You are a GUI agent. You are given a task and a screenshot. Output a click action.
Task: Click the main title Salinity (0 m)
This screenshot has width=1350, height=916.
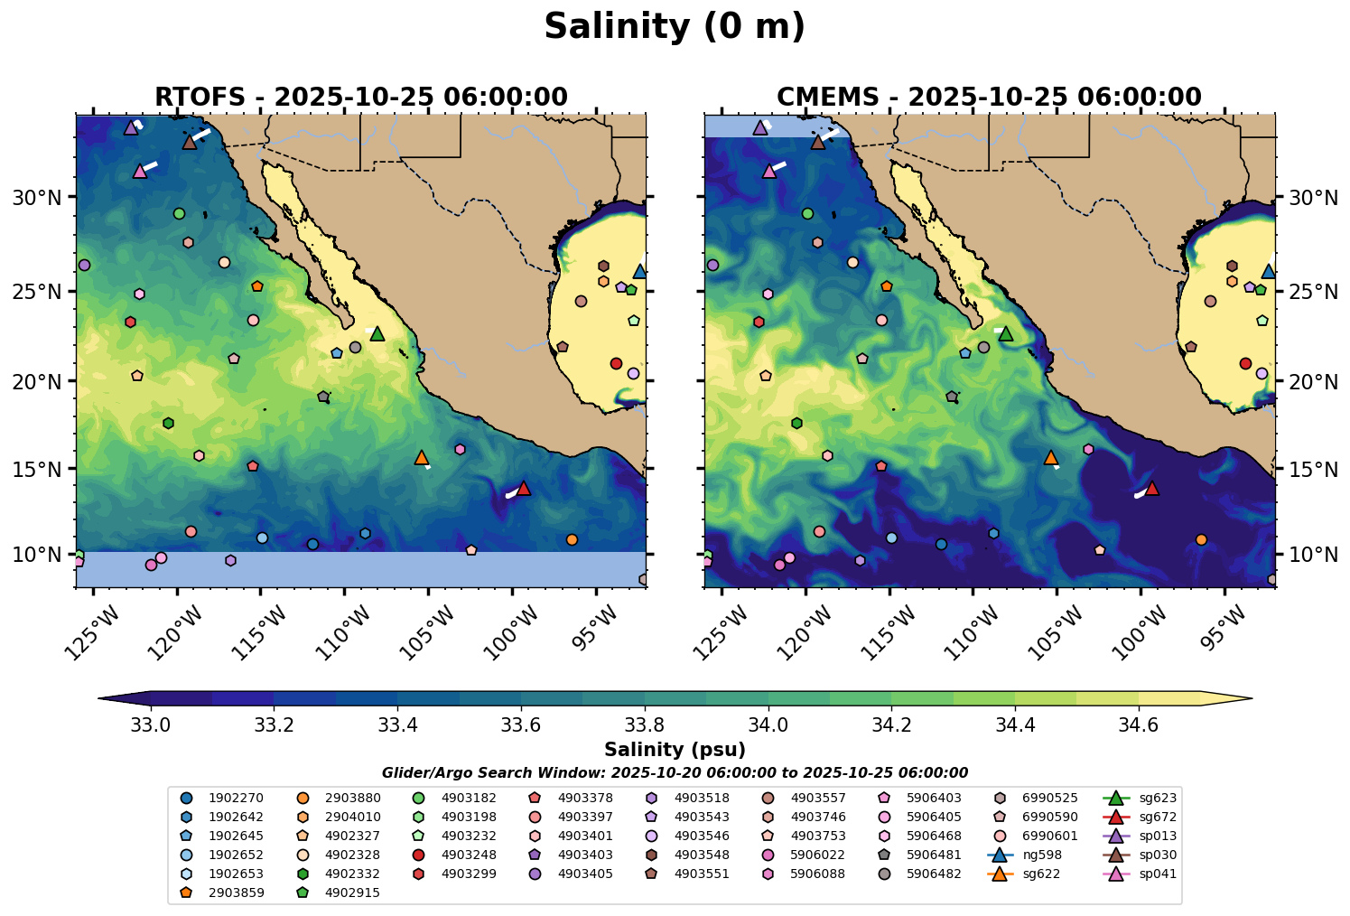675,27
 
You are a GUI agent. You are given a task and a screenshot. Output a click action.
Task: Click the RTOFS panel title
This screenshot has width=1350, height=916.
361,97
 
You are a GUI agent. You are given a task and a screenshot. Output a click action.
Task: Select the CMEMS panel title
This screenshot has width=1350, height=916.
989,97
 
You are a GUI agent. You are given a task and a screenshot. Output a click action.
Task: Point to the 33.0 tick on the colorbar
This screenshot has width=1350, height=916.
151,724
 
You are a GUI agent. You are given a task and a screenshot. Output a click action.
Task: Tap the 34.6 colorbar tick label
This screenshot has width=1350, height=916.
1138,724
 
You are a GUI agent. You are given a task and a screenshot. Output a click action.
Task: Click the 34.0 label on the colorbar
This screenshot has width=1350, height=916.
768,724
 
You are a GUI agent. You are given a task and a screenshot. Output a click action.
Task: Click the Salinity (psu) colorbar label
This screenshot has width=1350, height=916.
675,750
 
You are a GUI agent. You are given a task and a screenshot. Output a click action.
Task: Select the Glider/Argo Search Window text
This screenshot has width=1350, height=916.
675,773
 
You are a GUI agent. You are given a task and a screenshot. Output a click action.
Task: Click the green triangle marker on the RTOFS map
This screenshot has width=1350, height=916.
377,334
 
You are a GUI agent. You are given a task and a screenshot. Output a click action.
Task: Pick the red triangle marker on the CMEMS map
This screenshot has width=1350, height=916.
1151,489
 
